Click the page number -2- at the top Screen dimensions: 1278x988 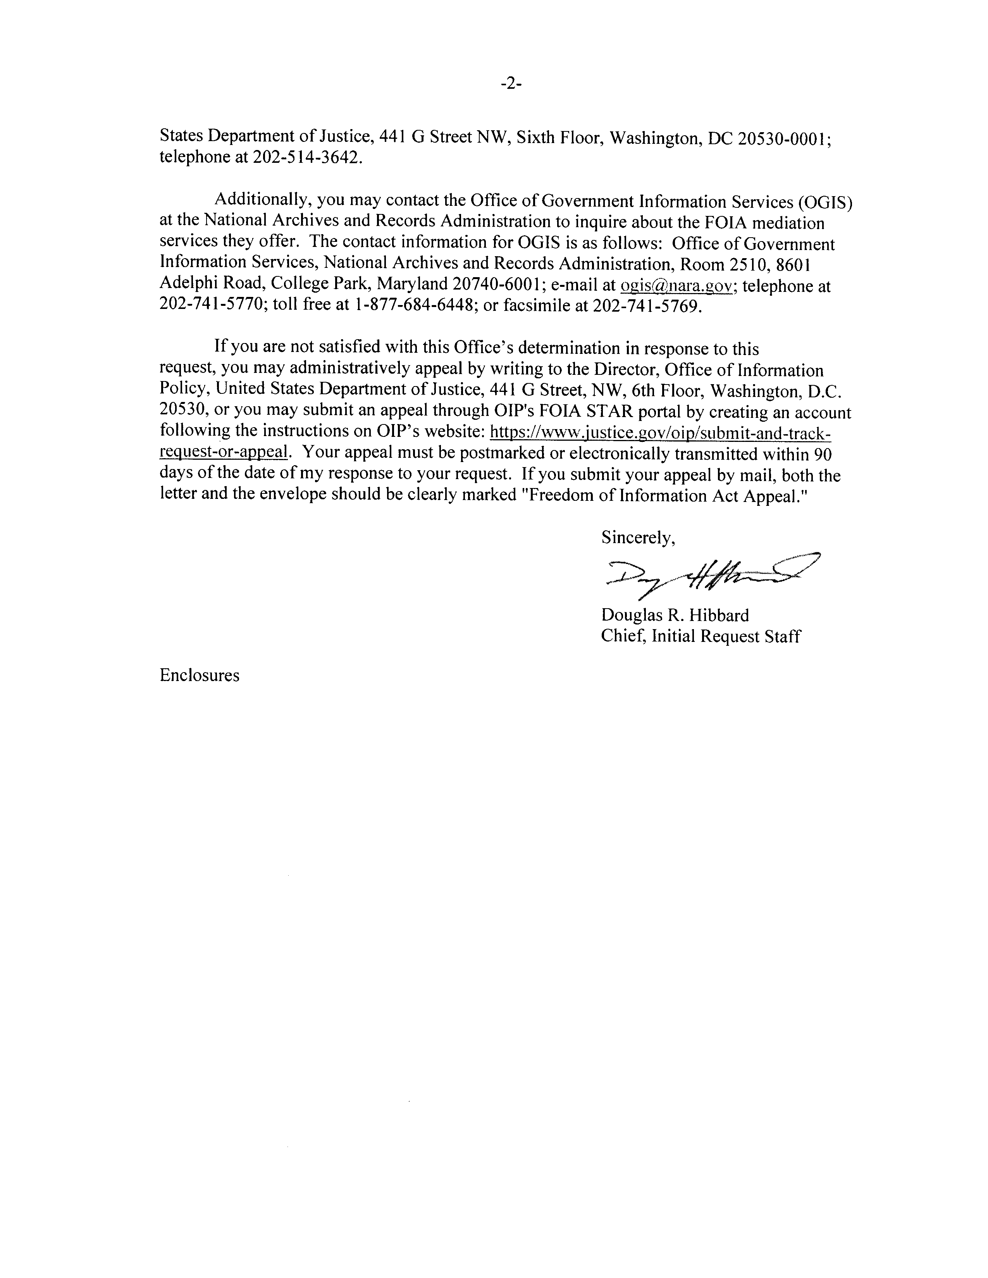510,84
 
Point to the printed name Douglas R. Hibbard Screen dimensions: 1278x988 675,615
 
